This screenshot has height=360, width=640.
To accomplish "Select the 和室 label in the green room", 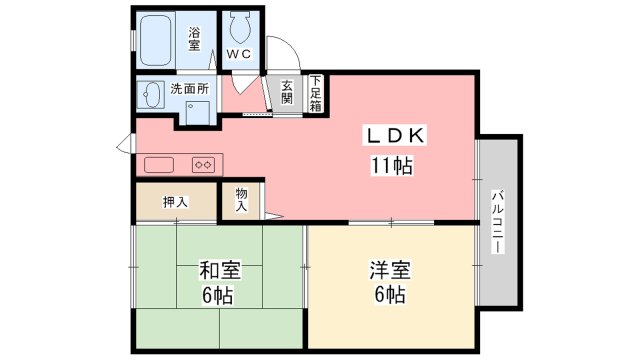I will point(217,270).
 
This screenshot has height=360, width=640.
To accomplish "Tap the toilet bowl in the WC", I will point(238,25).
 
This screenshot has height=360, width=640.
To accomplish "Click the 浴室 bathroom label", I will point(194,38).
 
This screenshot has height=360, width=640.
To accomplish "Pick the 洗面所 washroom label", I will point(189,88).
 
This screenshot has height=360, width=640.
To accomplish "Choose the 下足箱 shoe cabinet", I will point(314,93).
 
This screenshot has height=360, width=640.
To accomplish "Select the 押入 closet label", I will point(175,201).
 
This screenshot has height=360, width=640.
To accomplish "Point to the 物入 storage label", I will point(241,199).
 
